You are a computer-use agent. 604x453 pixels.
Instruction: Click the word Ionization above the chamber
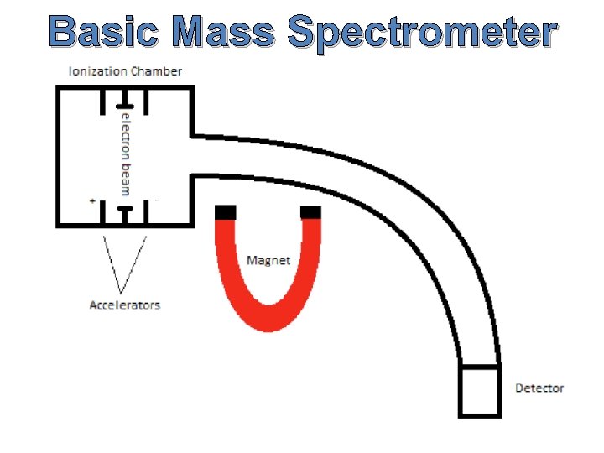click(x=94, y=71)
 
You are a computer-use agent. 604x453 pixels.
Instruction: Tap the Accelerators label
click(x=124, y=305)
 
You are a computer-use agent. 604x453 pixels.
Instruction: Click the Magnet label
click(x=268, y=260)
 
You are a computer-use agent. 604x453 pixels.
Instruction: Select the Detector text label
click(x=539, y=388)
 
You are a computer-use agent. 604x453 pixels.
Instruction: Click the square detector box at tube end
click(x=480, y=390)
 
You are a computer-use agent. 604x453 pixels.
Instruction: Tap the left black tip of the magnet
click(x=226, y=211)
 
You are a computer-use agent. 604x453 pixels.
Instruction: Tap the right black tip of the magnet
click(x=310, y=211)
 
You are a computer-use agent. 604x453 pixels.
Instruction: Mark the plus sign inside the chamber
click(x=92, y=201)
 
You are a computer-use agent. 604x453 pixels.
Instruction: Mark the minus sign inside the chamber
click(x=157, y=201)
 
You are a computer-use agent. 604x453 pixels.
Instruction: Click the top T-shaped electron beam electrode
click(x=124, y=96)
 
